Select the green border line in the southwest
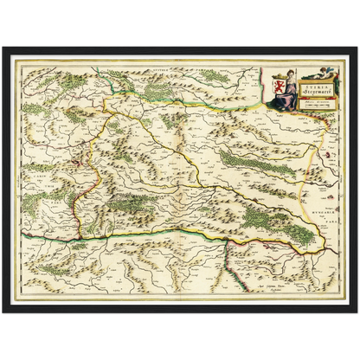[x=52, y=235]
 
